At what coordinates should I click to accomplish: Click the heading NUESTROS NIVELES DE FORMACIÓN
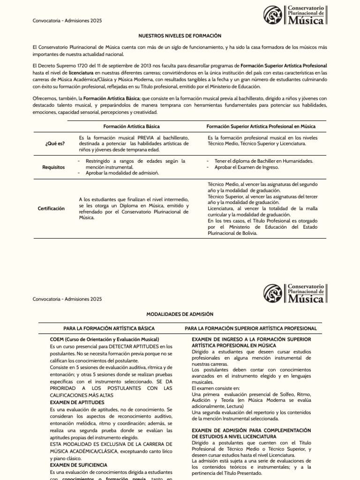click(180, 36)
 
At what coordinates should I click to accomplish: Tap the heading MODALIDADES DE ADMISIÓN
click(180, 314)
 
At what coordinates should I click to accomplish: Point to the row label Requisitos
click(54, 167)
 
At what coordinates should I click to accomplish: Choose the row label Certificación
click(52, 208)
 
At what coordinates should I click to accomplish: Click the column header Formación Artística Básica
click(131, 127)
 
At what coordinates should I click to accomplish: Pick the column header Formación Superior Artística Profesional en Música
click(261, 127)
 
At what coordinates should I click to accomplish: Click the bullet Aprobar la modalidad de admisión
click(122, 173)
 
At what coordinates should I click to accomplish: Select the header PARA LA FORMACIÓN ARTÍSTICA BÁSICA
click(109, 329)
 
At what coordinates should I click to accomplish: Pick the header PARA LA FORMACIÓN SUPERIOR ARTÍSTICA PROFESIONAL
click(251, 329)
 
